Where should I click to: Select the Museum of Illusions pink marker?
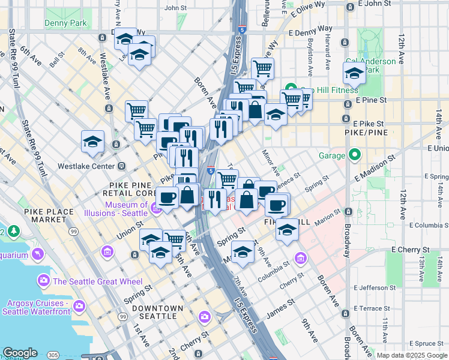(x=155, y=208)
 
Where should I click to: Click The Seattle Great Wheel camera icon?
(x=43, y=280)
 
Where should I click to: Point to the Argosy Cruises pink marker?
(x=79, y=308)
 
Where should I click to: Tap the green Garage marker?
(x=354, y=155)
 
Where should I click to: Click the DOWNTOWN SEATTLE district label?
(x=157, y=312)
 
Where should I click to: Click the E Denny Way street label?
(x=310, y=29)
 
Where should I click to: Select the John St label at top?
(x=175, y=8)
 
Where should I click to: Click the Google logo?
(x=20, y=353)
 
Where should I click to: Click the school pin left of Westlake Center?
(x=92, y=142)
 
